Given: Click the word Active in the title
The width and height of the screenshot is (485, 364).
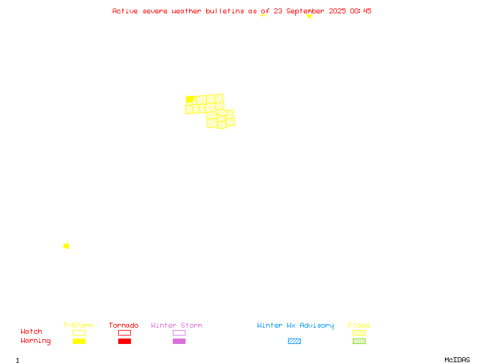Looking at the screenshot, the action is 125,11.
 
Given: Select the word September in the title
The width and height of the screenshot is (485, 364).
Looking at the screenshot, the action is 306,12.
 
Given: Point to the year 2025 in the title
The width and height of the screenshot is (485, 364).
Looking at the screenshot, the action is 337,11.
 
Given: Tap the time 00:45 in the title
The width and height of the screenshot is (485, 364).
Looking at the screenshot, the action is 361,11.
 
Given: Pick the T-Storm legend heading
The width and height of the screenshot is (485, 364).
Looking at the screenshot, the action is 78,325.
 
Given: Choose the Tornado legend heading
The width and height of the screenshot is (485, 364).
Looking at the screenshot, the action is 124,325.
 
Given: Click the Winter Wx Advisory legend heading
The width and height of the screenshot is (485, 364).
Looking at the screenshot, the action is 295,326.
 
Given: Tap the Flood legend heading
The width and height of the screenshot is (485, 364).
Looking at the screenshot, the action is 359,325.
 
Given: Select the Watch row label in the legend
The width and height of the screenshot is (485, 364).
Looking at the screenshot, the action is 32,331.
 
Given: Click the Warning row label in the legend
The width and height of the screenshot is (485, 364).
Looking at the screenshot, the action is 36,341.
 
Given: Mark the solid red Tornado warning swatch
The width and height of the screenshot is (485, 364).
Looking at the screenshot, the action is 125,341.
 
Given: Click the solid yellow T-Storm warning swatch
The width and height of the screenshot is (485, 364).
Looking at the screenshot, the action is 79,341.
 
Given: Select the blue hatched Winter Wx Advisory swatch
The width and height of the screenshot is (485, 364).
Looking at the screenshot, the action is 294,341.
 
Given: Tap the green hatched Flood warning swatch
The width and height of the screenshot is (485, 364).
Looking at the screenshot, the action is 359,341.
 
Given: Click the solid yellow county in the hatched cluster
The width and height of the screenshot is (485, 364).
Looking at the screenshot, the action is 190,99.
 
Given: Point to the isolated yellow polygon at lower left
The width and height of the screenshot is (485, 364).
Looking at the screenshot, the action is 66,246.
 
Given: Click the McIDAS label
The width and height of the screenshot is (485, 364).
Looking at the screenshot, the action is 457,360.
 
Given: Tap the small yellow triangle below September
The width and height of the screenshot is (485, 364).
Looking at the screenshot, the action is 309,17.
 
